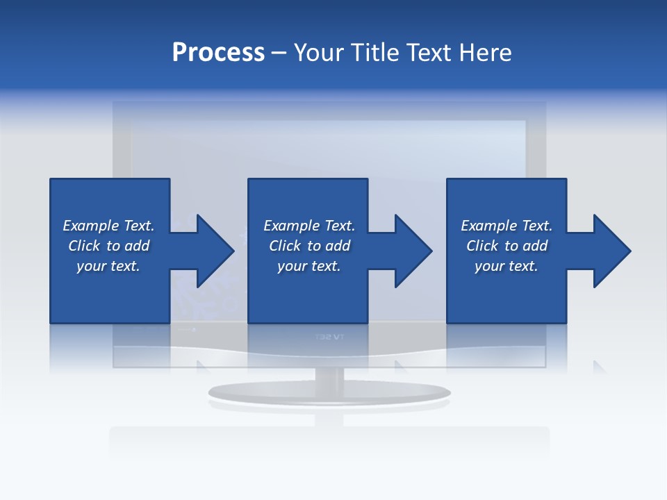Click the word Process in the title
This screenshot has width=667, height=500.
coord(218,52)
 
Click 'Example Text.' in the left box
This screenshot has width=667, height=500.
coord(108,226)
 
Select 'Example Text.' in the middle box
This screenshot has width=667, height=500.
coord(309,226)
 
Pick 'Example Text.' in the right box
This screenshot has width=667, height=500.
coord(507,226)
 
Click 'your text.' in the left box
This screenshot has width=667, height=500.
coord(108,266)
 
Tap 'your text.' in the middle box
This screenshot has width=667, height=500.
coord(309,266)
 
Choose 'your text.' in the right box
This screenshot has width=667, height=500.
coord(507,266)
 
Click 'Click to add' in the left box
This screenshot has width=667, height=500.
coord(108,246)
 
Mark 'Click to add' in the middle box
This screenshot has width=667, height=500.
coord(309,246)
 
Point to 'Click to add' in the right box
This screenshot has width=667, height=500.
coord(507,246)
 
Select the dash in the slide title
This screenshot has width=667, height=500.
coord(279,53)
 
